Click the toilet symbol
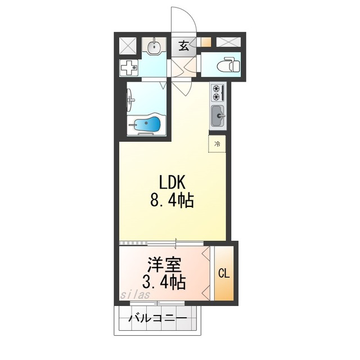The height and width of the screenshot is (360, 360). point(228,64)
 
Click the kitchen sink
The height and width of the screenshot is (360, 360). point(218,116)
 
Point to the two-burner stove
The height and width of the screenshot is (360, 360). point(218,92)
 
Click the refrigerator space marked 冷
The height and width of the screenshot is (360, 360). point(217,144)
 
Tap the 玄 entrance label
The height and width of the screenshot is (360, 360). point(184,46)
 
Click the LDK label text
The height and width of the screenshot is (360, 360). point(172,183)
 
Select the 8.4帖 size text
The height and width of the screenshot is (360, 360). point(172,201)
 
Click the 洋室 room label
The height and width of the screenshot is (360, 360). point(164,265)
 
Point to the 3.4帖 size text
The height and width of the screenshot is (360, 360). point(164,282)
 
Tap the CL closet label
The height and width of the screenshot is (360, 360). point(224,274)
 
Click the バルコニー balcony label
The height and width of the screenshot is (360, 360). point(158,318)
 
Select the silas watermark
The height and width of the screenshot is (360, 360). point(135,294)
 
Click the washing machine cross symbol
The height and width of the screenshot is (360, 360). point(129,67)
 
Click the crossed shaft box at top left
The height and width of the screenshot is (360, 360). point(128,46)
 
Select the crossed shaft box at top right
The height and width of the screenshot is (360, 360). point(229,42)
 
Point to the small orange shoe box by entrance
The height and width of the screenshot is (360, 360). point(206,42)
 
